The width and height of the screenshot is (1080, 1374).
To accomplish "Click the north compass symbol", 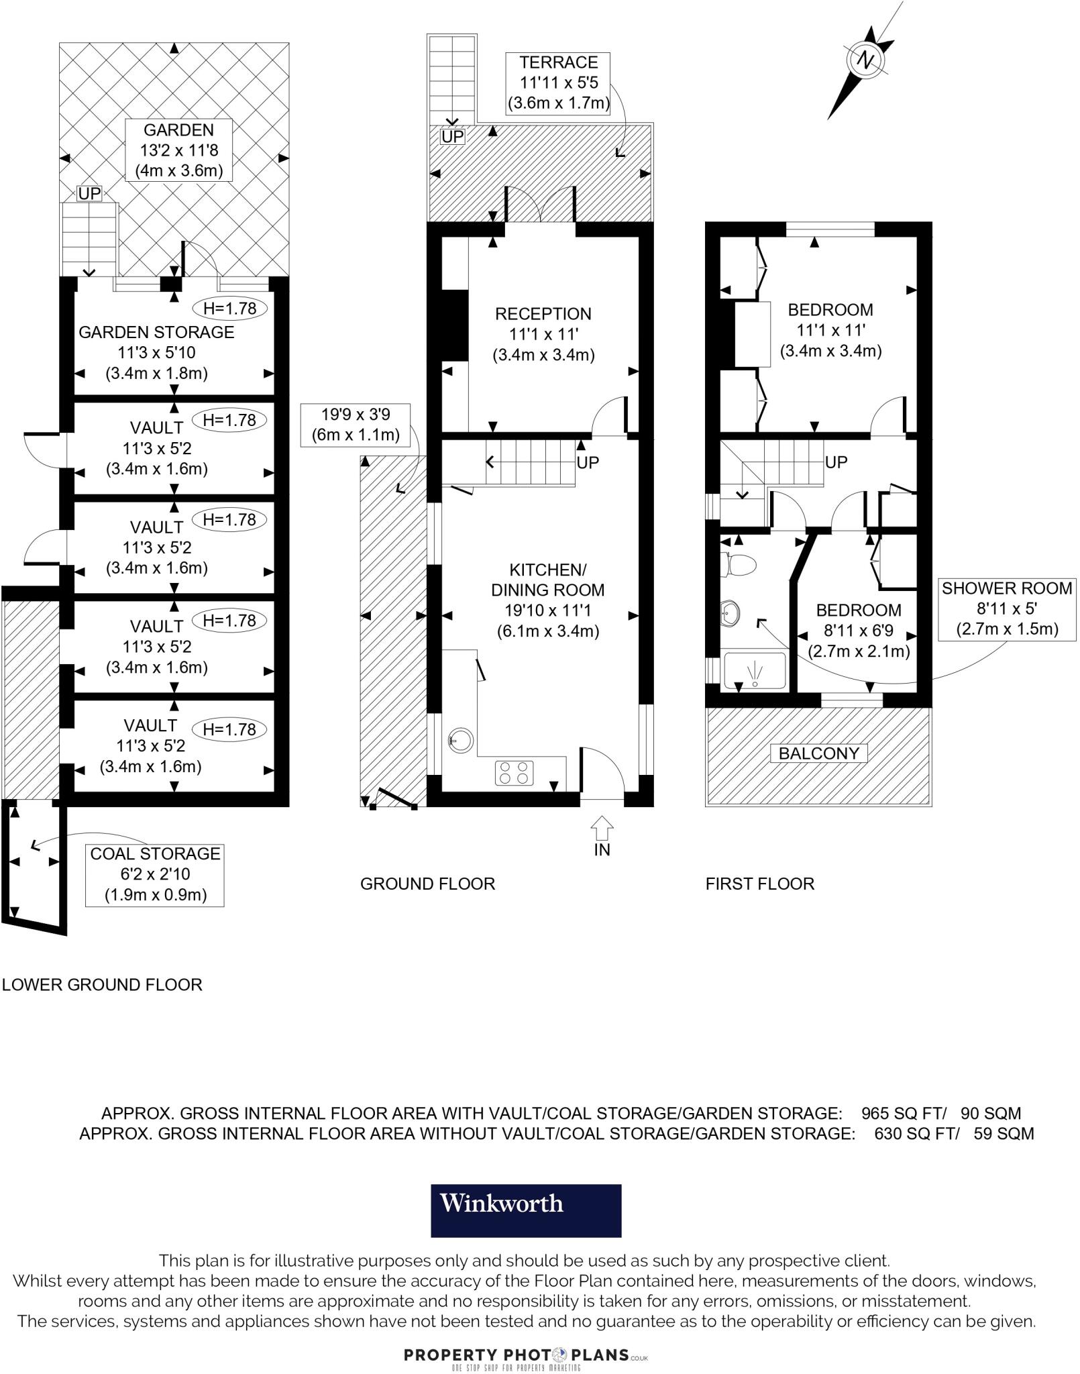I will [865, 60].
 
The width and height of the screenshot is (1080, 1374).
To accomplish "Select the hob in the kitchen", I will [515, 773].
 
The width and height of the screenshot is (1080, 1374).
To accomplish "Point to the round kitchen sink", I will [461, 741].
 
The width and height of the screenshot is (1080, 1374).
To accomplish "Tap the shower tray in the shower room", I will [755, 670].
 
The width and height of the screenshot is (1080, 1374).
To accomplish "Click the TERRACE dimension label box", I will [558, 83].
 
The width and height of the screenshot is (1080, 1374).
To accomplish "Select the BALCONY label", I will [818, 753].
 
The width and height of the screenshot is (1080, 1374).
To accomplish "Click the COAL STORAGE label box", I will [156, 874].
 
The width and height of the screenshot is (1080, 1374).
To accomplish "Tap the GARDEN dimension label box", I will [178, 150].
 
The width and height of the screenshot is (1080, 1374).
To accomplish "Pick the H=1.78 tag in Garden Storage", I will [230, 309].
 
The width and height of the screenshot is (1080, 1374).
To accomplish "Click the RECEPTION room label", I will [543, 334].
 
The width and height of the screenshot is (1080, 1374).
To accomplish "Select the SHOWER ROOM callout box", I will [1006, 609].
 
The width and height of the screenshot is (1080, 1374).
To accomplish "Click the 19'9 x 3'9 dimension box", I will [356, 425].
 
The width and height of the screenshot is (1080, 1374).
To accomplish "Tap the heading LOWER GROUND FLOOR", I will [102, 985].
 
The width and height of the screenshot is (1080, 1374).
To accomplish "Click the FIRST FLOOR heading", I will [759, 884].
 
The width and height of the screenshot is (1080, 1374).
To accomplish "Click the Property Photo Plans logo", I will [526, 1355].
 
